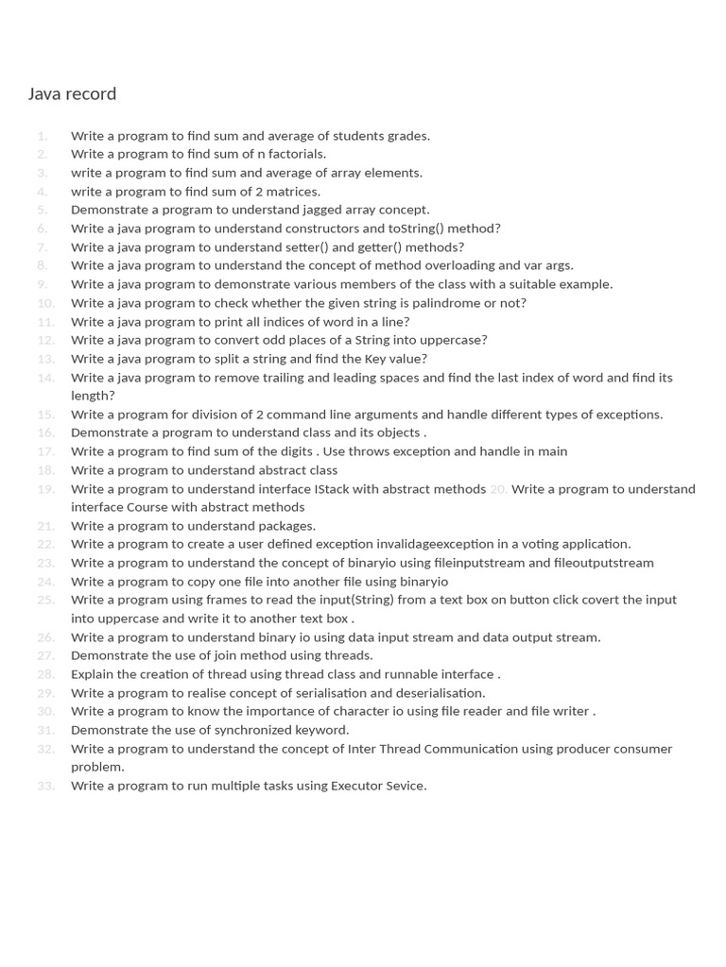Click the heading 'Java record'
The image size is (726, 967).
(72, 93)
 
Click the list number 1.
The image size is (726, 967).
(43, 136)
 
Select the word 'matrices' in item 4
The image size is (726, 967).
(292, 192)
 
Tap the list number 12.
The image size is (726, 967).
(45, 340)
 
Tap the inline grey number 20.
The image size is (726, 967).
(498, 489)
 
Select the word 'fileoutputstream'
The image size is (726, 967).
(604, 563)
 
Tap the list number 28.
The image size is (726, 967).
(45, 674)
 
